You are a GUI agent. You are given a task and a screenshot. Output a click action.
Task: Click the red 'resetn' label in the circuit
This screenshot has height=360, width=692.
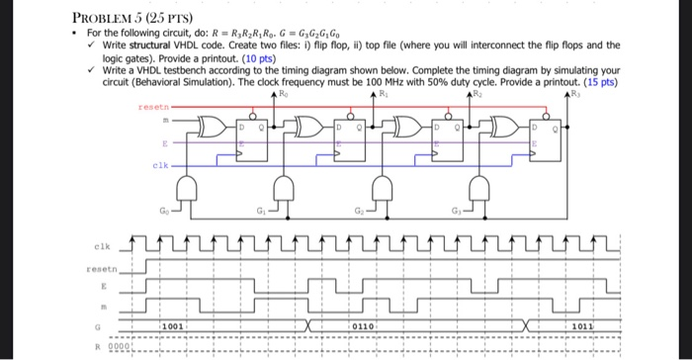(x=154, y=105)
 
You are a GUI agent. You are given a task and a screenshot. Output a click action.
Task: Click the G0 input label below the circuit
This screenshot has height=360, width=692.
(x=165, y=211)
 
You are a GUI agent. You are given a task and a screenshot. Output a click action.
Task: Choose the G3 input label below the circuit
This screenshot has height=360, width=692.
(x=458, y=211)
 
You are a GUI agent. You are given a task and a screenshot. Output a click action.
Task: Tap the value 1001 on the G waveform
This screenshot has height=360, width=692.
(x=173, y=324)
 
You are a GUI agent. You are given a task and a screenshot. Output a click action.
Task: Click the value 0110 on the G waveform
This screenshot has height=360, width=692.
(x=358, y=324)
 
